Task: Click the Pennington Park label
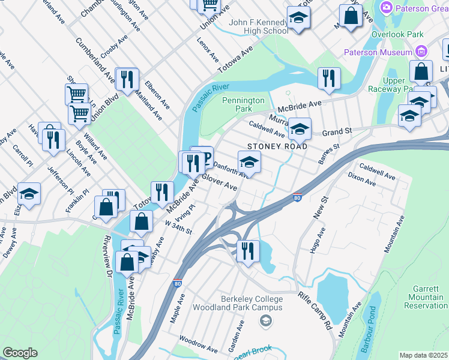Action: point(243,105)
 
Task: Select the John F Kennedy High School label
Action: point(259,27)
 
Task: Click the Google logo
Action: point(20,353)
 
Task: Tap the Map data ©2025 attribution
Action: point(423,355)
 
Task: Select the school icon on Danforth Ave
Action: point(250,161)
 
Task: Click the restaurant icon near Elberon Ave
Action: point(127,79)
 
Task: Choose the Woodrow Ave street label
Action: point(198,344)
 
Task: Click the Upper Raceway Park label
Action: point(394,85)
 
